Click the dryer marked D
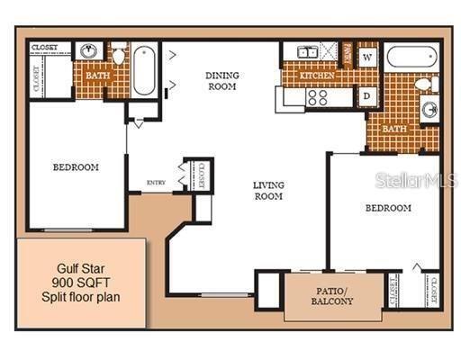click(367, 94)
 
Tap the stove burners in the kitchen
click(317, 96)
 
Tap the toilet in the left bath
click(119, 56)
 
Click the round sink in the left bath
click(90, 51)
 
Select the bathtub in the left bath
click(144, 70)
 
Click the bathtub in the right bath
click(412, 57)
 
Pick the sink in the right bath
click(430, 110)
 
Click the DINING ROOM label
click(221, 81)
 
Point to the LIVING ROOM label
click(267, 191)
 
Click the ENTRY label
click(157, 182)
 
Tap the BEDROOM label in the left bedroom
click(76, 167)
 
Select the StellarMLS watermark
click(416, 180)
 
